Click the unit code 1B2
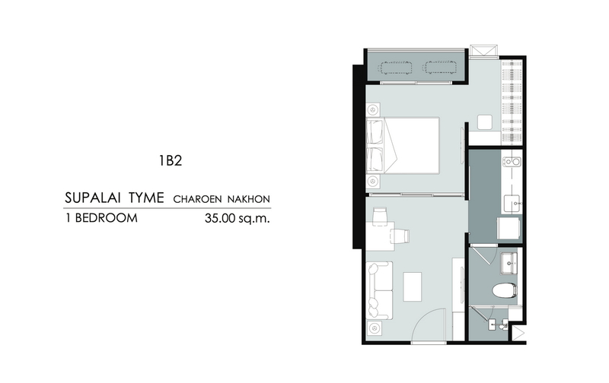pos(170,160)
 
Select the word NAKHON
pos(249,199)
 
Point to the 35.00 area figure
pos(220,218)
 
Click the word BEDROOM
pos(106,218)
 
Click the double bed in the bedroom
pos(403,146)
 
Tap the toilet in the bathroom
pos(505,290)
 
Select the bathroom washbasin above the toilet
pos(509,263)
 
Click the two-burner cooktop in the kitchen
pos(511,161)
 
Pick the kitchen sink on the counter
pos(512,204)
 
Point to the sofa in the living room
pos(379,290)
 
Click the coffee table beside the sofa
pos(412,286)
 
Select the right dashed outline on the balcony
pos(440,67)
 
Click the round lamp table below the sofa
pos(375,328)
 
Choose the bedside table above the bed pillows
pos(373,110)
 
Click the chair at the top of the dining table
pos(380,216)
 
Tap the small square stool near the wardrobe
pos(485,122)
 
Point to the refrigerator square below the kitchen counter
pos(509,228)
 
